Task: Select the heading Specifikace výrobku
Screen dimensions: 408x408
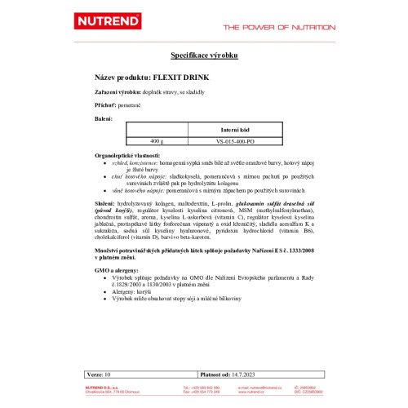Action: (x=203, y=55)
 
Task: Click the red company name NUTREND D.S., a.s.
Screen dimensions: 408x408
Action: (x=113, y=384)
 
